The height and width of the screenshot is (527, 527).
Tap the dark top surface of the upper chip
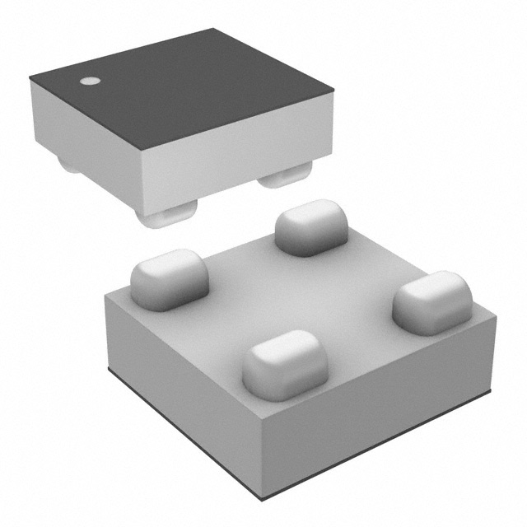point(189,91)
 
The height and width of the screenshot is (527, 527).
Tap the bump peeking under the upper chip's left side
point(69,165)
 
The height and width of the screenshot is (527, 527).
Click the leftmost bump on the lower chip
point(169,280)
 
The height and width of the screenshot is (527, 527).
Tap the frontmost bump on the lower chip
point(285,364)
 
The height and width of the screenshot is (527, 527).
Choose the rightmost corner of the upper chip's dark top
point(333,93)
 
